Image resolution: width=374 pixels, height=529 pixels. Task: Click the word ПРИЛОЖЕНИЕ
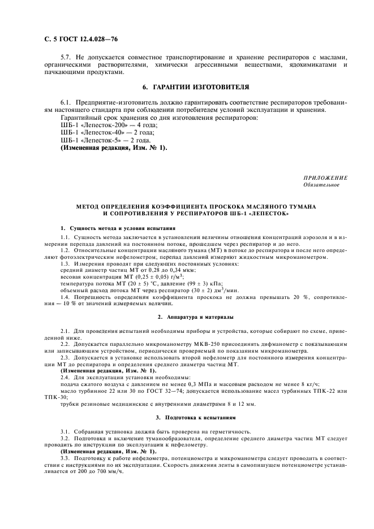click(x=326, y=178)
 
